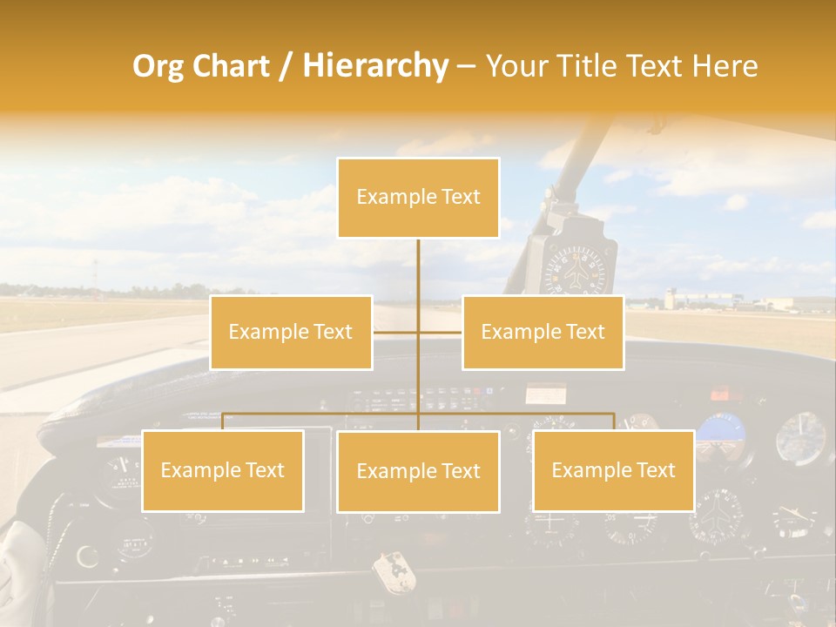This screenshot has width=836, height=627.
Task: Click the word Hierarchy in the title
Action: [375, 66]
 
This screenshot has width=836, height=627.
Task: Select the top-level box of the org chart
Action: [418, 198]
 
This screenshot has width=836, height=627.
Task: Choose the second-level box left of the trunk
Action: [291, 332]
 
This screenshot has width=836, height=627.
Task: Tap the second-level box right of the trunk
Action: [543, 332]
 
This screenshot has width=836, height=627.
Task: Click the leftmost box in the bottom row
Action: [222, 471]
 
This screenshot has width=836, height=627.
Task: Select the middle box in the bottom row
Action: [418, 472]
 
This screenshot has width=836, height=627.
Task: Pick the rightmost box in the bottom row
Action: [613, 471]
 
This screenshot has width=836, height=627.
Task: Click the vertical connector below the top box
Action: [418, 270]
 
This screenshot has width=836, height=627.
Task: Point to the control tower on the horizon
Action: [669, 298]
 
